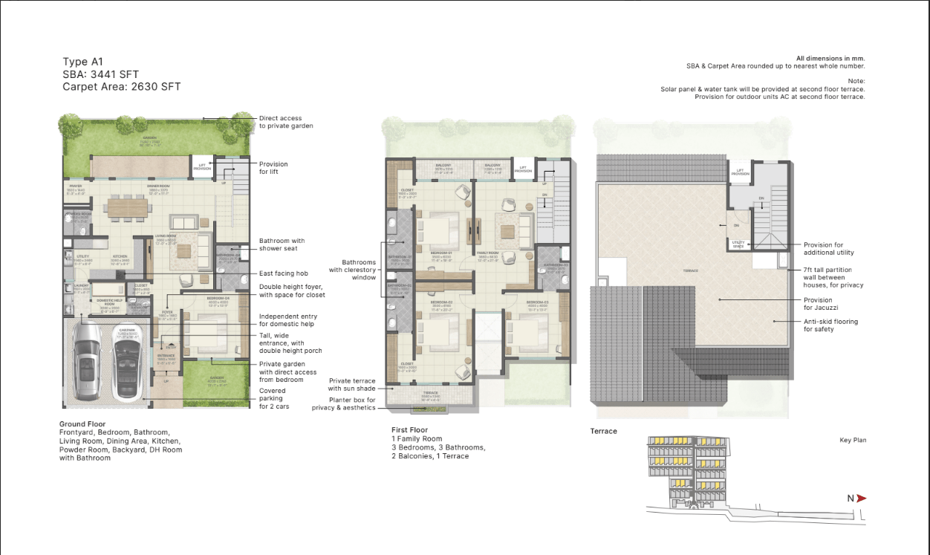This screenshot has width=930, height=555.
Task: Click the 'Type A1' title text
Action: (x=82, y=62)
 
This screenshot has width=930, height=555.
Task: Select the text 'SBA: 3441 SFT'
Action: (x=100, y=74)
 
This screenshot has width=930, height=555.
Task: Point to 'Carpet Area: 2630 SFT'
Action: (x=121, y=87)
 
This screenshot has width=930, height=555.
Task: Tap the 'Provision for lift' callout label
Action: (x=273, y=168)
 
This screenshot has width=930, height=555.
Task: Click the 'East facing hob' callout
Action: (x=283, y=273)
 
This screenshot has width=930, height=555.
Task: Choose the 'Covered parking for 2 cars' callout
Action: (x=272, y=399)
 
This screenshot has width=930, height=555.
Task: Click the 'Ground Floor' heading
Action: (x=82, y=424)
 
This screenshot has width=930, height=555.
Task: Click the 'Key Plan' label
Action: (x=853, y=441)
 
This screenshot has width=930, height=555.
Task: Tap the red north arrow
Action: (x=861, y=499)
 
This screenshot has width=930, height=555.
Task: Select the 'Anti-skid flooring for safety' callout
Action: (x=830, y=325)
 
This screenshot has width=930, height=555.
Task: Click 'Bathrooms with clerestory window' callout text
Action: (x=359, y=270)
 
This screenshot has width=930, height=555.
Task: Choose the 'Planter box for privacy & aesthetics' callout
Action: (x=344, y=403)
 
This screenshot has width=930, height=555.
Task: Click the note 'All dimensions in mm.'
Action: (x=830, y=58)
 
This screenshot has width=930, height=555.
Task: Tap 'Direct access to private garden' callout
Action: (x=286, y=122)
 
